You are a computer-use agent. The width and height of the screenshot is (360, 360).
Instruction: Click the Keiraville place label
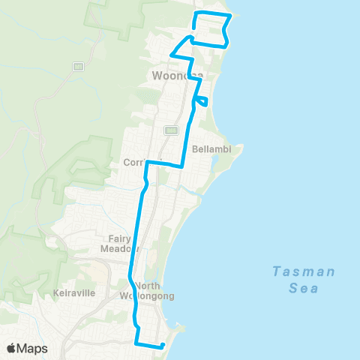tap(74, 292)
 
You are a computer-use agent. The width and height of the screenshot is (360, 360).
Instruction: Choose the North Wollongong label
tap(147, 290)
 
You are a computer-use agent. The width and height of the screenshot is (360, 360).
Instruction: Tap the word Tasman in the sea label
tap(304, 271)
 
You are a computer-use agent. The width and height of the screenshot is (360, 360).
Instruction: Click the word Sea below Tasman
tap(304, 288)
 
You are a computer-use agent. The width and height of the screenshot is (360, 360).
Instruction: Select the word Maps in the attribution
tap(34, 349)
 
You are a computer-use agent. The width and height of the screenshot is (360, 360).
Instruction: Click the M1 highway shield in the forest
tap(77, 67)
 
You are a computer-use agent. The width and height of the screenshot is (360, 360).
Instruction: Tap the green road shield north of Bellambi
tap(171, 130)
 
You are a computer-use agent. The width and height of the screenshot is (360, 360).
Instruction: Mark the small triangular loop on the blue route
tap(200, 100)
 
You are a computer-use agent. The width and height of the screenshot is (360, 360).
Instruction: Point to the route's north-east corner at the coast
tap(228, 16)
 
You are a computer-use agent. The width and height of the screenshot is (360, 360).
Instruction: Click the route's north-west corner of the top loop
tap(196, 13)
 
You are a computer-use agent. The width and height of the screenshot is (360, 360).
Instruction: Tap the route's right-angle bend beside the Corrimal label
tap(148, 162)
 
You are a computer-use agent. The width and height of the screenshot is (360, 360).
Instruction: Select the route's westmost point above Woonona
tap(172, 54)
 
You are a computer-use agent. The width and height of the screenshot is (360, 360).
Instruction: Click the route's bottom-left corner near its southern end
tap(136, 343)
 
